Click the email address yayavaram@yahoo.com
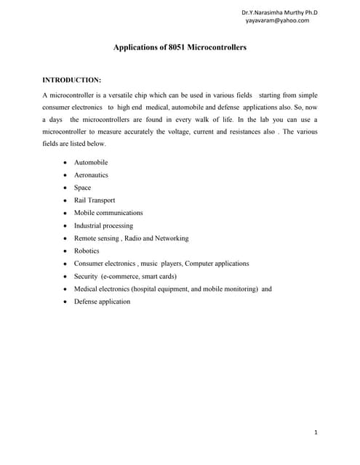[x=277, y=20]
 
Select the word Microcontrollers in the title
[x=217, y=47]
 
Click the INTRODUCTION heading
[x=72, y=79]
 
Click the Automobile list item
[x=91, y=162]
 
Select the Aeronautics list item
[x=92, y=175]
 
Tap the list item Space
[x=82, y=187]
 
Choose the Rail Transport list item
[x=95, y=200]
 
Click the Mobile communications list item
[x=108, y=213]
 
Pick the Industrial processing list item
[x=103, y=225]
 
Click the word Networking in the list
[x=170, y=238]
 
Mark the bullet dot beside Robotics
[x=65, y=251]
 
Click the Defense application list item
[x=102, y=302]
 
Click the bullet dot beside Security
[x=65, y=277]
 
